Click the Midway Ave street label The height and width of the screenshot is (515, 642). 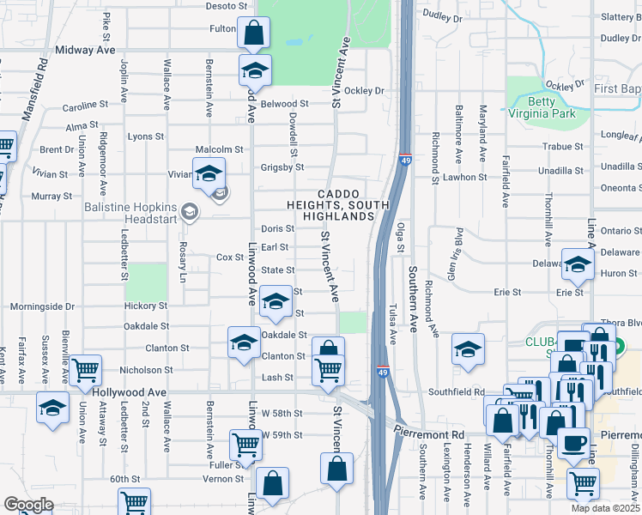85,51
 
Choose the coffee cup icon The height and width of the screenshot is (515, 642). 573,443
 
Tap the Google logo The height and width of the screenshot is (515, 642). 28,505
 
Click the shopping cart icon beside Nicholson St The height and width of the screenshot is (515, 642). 85,371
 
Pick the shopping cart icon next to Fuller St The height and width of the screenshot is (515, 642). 245,445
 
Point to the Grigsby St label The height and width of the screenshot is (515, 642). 277,167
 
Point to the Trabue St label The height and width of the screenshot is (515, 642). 563,147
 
